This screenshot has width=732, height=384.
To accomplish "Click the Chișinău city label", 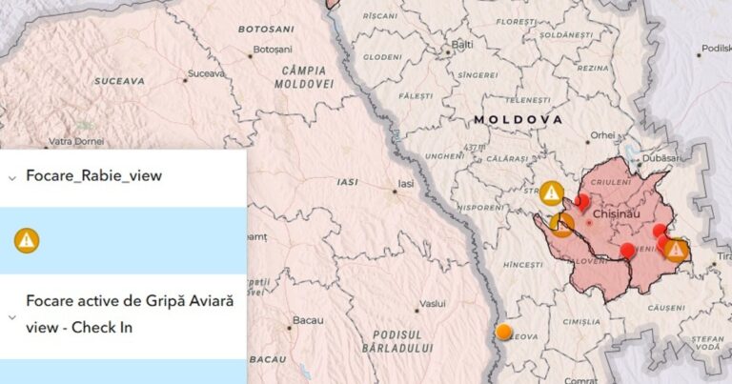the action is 614,214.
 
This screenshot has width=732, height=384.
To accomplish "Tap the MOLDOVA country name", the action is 517,120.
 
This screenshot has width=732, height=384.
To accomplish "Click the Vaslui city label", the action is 433,303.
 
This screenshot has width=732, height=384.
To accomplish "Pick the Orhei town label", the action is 602,135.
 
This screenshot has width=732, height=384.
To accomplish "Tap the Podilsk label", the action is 716,49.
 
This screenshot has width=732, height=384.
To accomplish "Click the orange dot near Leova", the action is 503,332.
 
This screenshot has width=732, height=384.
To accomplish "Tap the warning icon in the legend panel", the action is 27,240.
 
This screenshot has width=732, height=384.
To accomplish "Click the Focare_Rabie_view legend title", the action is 93,176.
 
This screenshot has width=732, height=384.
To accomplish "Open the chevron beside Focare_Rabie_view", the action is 11,177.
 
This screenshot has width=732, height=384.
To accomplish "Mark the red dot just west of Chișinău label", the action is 582,201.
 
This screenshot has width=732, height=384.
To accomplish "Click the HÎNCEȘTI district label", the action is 522,264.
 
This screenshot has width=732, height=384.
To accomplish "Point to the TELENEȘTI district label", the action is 527,100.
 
